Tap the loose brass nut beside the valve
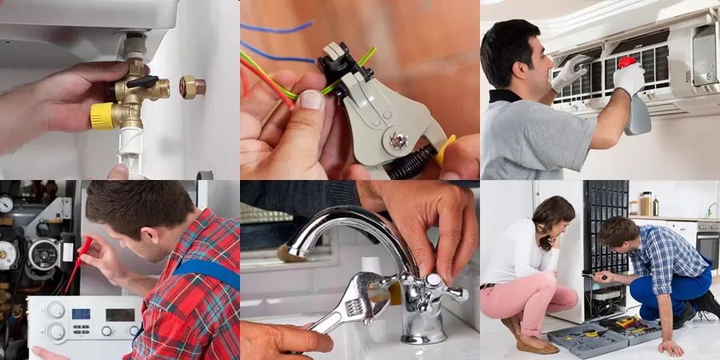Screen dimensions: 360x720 (x=192, y=86)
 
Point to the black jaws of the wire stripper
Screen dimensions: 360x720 (x=334, y=60)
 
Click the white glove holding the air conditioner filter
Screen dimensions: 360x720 (x=569, y=73)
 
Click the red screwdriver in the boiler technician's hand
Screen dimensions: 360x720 (x=78, y=263)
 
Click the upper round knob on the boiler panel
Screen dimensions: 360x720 (x=56, y=310)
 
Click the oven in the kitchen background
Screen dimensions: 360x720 (x=708, y=244)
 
